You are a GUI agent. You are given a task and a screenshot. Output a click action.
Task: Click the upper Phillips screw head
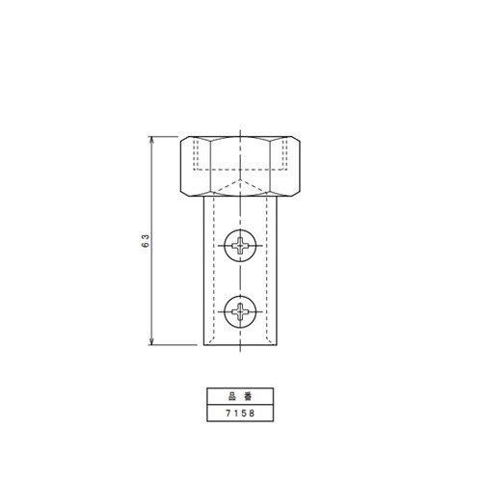coord(240,246)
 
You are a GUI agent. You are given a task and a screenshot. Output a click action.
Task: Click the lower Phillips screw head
coord(240,311)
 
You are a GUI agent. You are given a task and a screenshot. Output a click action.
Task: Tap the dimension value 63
coord(146,241)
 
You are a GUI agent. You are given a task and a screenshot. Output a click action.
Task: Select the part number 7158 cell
coord(240,413)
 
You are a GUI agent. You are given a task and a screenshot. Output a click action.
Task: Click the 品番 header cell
coord(240,396)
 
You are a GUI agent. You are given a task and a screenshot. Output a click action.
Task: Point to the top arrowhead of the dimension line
coord(151,140)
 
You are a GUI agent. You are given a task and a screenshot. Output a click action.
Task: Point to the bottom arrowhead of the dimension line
coord(151,341)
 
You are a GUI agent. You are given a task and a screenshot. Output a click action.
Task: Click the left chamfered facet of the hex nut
coord(196,166)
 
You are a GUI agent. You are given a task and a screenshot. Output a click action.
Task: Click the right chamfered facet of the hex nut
coord(285,166)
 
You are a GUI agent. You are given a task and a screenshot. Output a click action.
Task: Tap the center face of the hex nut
coord(240,166)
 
